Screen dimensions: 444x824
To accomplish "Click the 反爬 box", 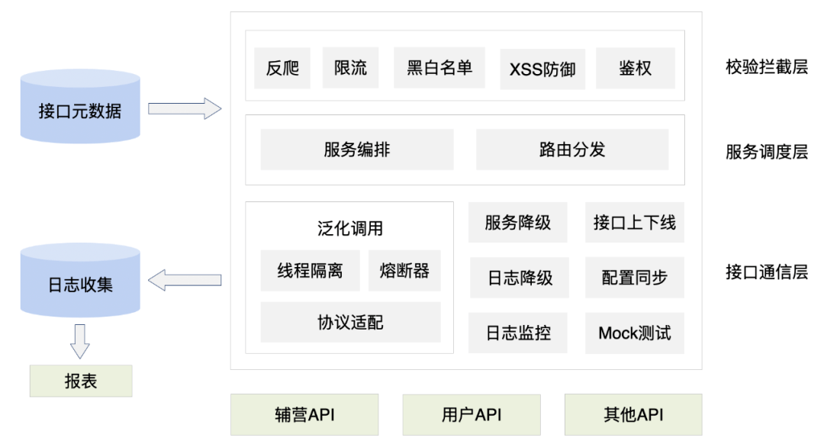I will point(282,68).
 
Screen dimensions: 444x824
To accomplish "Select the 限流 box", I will point(350,68).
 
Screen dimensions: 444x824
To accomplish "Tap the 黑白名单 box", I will point(439,68).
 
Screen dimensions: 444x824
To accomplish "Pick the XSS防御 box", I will point(542,69).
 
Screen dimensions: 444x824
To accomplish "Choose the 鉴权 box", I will point(635,68).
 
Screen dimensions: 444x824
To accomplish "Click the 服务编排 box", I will point(356,150).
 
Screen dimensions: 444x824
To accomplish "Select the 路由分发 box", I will point(571,150).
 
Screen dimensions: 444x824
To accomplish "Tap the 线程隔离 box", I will point(310,271).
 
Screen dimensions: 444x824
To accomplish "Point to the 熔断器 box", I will point(404,271).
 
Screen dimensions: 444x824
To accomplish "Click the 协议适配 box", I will point(350,322).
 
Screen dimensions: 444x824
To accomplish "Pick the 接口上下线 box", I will point(634,223).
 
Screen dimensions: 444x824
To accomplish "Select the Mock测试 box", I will point(634,333).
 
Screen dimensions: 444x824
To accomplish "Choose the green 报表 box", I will point(80,381).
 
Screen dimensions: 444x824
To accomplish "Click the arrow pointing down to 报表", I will point(80,340).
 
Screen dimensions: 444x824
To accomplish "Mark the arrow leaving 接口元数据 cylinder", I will point(184,109).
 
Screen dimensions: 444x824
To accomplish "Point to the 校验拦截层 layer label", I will point(766,67).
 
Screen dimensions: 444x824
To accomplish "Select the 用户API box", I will point(471,415).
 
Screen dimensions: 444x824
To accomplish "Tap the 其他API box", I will point(632,415).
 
